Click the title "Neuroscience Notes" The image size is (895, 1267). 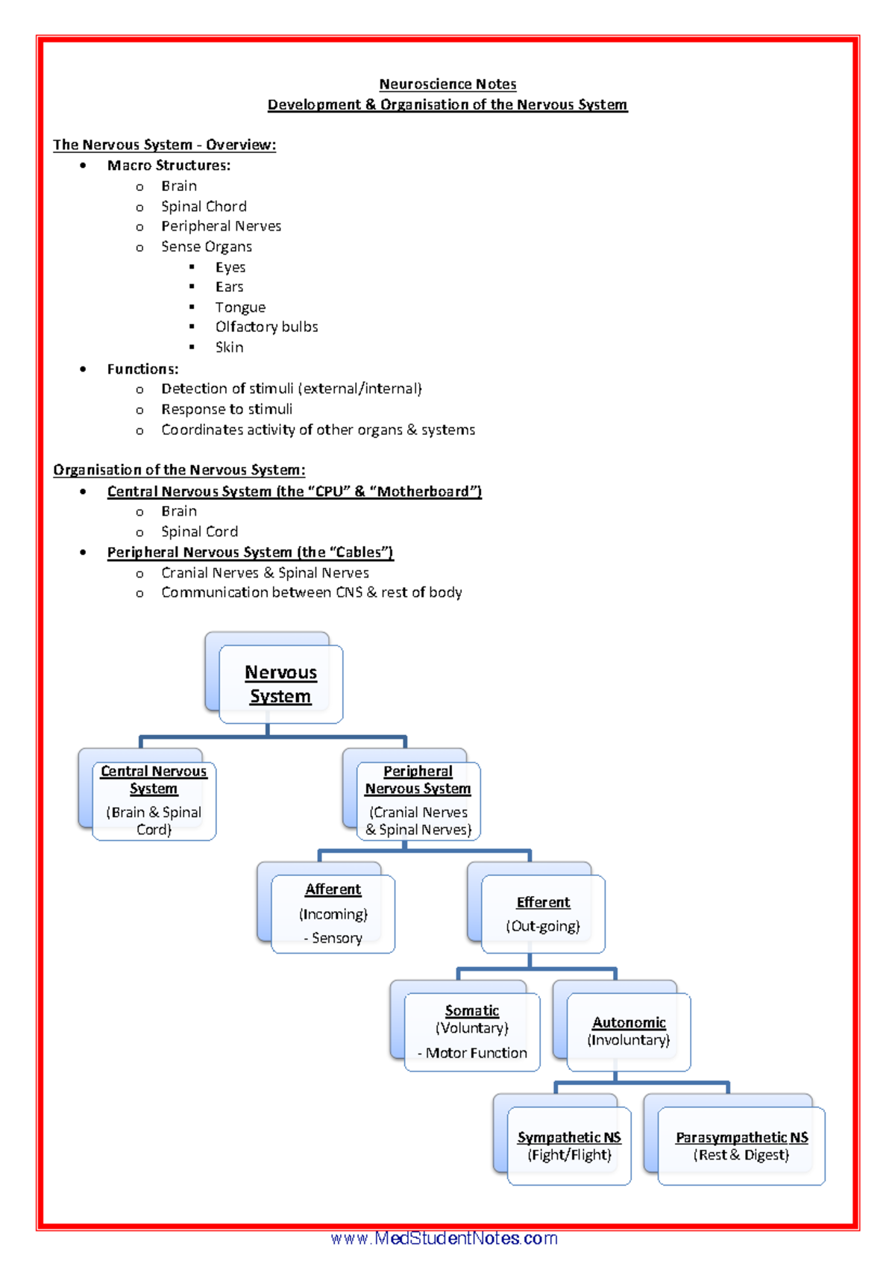coord(447,84)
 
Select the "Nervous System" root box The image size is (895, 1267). coord(280,684)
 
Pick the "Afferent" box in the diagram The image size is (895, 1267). coord(333,913)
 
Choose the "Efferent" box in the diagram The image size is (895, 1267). coord(543,914)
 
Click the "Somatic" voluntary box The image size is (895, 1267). coord(472,1031)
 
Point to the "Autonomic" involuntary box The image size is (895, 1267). coord(629,1031)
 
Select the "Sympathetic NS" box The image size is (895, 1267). coord(569,1145)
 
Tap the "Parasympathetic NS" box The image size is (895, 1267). coord(741,1145)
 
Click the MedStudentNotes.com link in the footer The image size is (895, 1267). coord(445,1239)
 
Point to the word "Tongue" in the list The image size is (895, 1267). coord(240,307)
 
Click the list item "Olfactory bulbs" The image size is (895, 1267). coord(266,327)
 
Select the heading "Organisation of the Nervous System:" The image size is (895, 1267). coord(179,470)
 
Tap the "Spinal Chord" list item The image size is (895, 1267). coord(204,207)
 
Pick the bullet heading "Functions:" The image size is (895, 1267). coord(142,369)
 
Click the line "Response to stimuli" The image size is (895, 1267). coord(227,410)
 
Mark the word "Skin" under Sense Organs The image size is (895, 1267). coord(229,348)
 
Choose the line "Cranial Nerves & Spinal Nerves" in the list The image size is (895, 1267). coord(265,573)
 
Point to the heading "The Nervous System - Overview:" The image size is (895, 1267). coord(164,145)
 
